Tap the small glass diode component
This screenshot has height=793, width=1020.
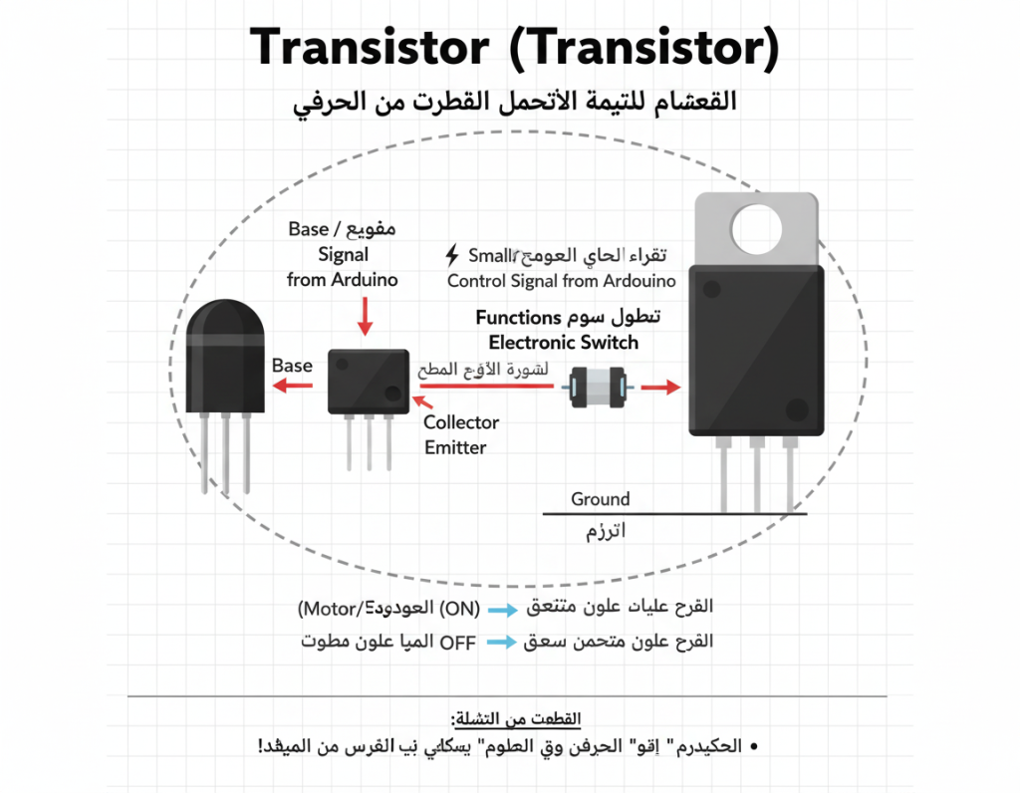[x=595, y=387]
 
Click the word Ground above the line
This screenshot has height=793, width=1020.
[x=600, y=499]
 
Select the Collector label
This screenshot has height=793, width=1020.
[x=461, y=422]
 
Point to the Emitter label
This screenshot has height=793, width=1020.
[x=455, y=447]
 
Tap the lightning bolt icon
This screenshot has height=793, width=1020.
[x=453, y=254]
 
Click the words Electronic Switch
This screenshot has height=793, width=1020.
[x=564, y=343]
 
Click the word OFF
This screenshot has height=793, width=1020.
[x=458, y=643]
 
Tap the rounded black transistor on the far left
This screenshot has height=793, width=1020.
[x=225, y=359]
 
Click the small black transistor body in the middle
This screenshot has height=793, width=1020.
[x=369, y=381]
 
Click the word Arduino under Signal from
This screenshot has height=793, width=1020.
[x=364, y=280]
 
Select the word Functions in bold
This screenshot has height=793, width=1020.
[x=518, y=318]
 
